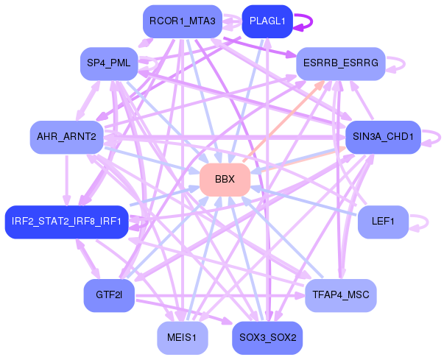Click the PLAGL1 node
(267, 21)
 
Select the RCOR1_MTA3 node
(181, 21)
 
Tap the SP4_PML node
(108, 63)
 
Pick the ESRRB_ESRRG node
(340, 63)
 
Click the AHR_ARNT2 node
(66, 137)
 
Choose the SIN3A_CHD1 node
(382, 137)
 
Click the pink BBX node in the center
(225, 180)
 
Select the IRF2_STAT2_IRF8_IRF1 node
(67, 222)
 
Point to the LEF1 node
(383, 222)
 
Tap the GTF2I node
(108, 295)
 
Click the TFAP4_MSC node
(340, 295)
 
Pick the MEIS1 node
(182, 338)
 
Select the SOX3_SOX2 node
(267, 338)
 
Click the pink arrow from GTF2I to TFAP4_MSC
(221, 297)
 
